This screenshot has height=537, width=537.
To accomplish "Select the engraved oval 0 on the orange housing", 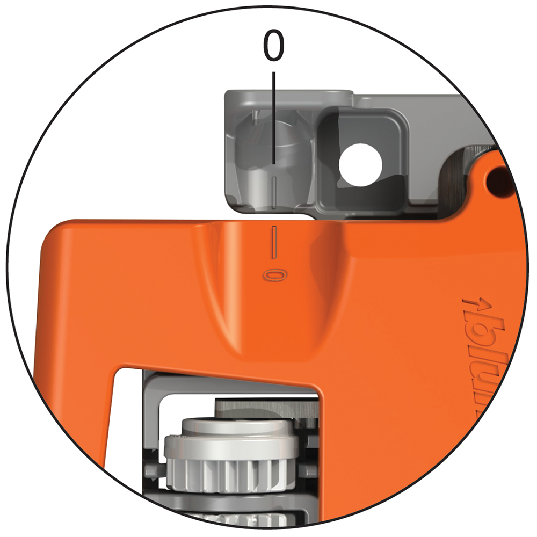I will (274, 274).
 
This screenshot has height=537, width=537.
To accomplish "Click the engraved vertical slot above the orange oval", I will (274, 242).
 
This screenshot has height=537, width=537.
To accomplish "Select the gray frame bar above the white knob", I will (226, 386).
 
